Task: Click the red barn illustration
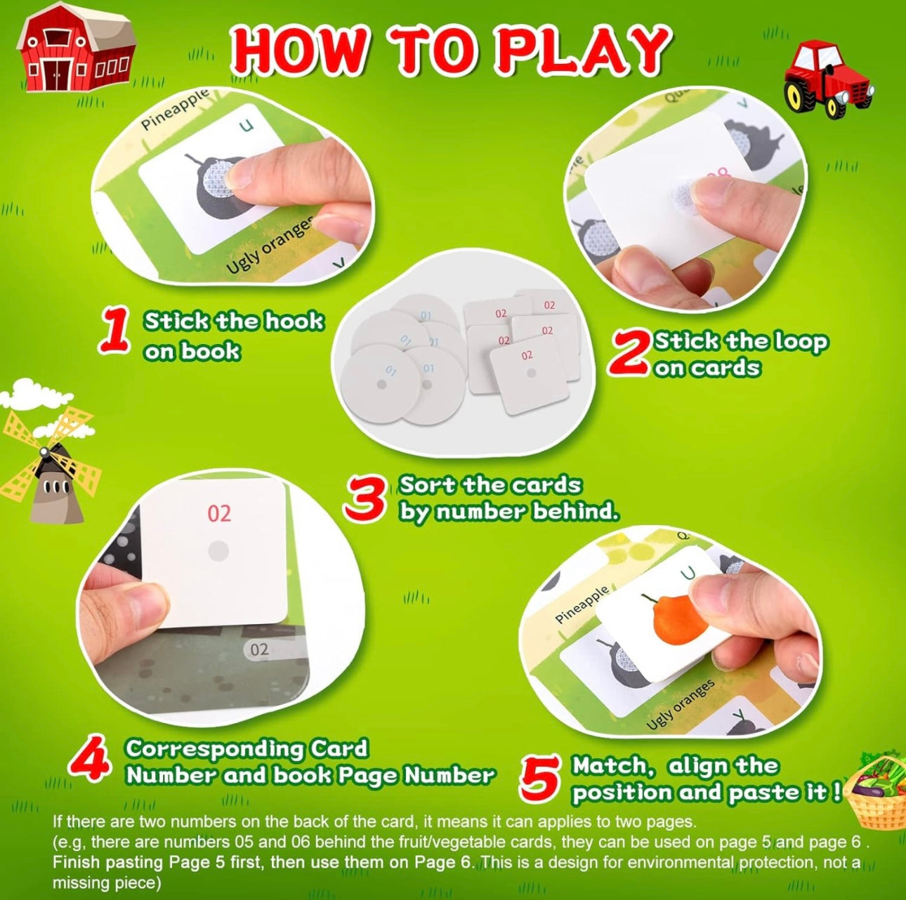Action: click(x=76, y=47)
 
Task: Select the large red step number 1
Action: click(x=114, y=331)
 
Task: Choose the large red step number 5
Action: click(x=540, y=779)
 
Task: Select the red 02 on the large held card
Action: click(x=219, y=514)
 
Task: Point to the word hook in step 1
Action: click(x=294, y=322)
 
